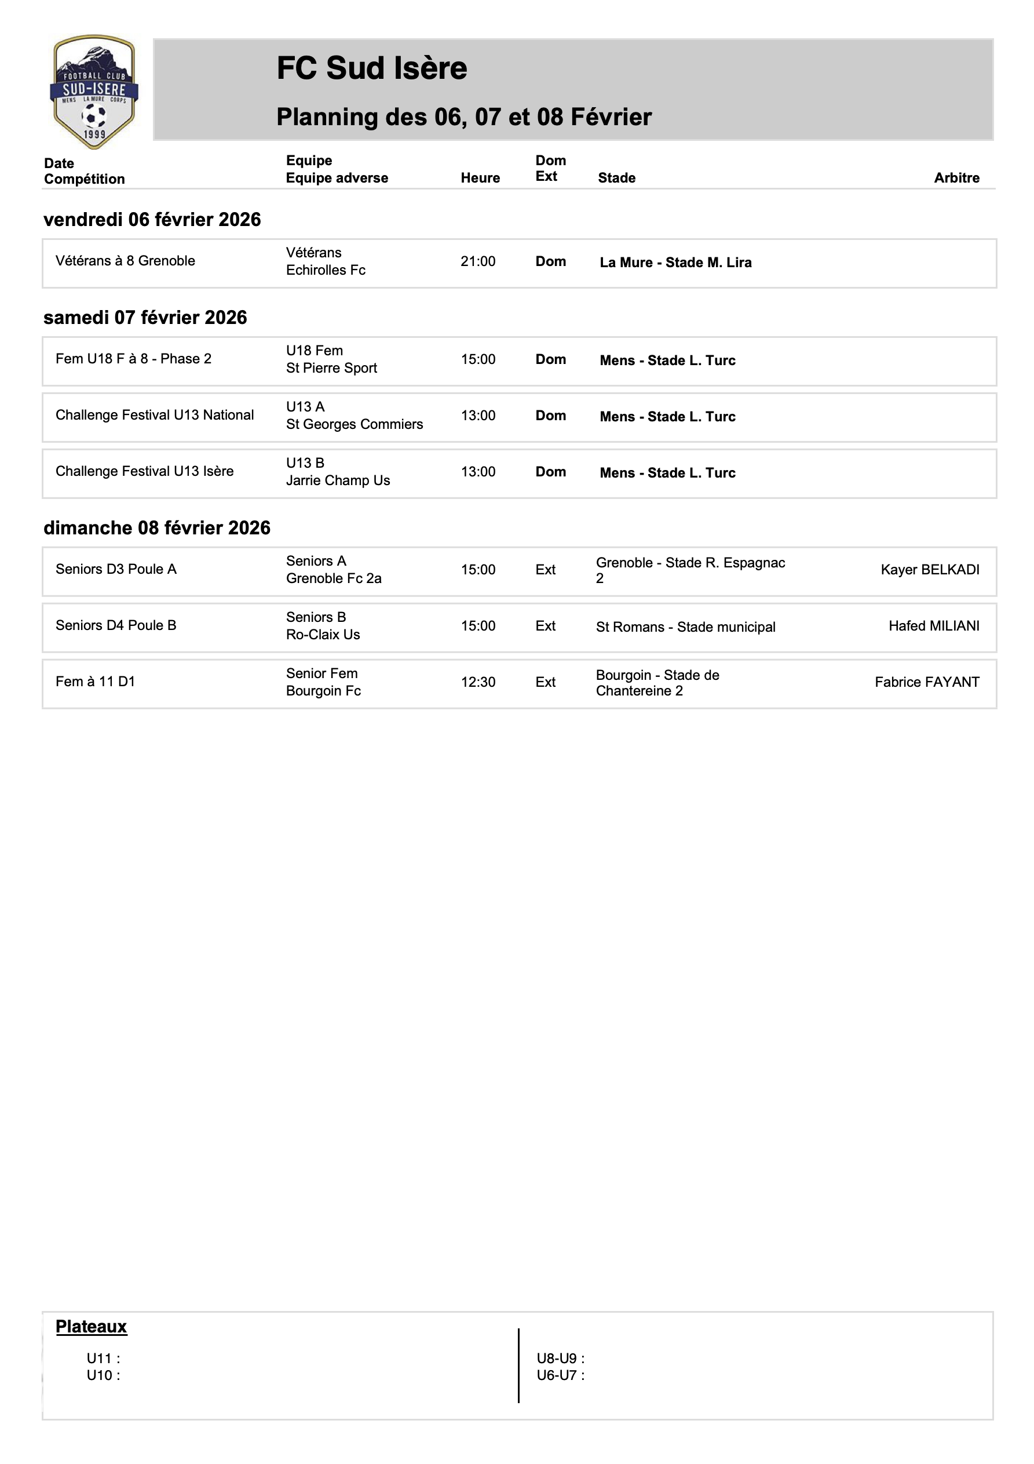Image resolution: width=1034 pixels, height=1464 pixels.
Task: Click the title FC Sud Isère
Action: point(372,68)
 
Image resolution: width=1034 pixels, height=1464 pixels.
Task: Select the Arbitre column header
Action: point(956,178)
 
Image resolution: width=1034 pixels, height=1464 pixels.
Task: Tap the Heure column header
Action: point(480,178)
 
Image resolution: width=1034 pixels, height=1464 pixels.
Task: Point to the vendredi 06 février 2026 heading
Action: point(152,219)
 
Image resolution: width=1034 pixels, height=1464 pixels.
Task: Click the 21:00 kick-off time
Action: point(477,261)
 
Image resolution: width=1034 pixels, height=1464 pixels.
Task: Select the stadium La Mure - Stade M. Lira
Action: point(675,263)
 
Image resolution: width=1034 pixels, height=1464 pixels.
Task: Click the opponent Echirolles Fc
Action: point(326,270)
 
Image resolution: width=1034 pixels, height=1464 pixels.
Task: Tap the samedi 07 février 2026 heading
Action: point(145,318)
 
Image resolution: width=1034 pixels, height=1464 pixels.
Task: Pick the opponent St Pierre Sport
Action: point(331,369)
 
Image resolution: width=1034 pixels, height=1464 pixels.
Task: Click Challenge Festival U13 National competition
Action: point(154,415)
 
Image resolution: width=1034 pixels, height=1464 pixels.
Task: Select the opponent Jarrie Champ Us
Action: point(338,481)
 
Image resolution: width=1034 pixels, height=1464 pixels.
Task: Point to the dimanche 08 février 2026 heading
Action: point(157,528)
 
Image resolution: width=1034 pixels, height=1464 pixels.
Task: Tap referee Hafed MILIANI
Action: point(934,626)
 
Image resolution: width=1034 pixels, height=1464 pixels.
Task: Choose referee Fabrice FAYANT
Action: point(927,682)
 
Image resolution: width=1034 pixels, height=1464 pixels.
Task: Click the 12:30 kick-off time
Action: point(478,682)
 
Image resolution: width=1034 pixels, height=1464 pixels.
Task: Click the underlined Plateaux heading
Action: point(91,1327)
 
